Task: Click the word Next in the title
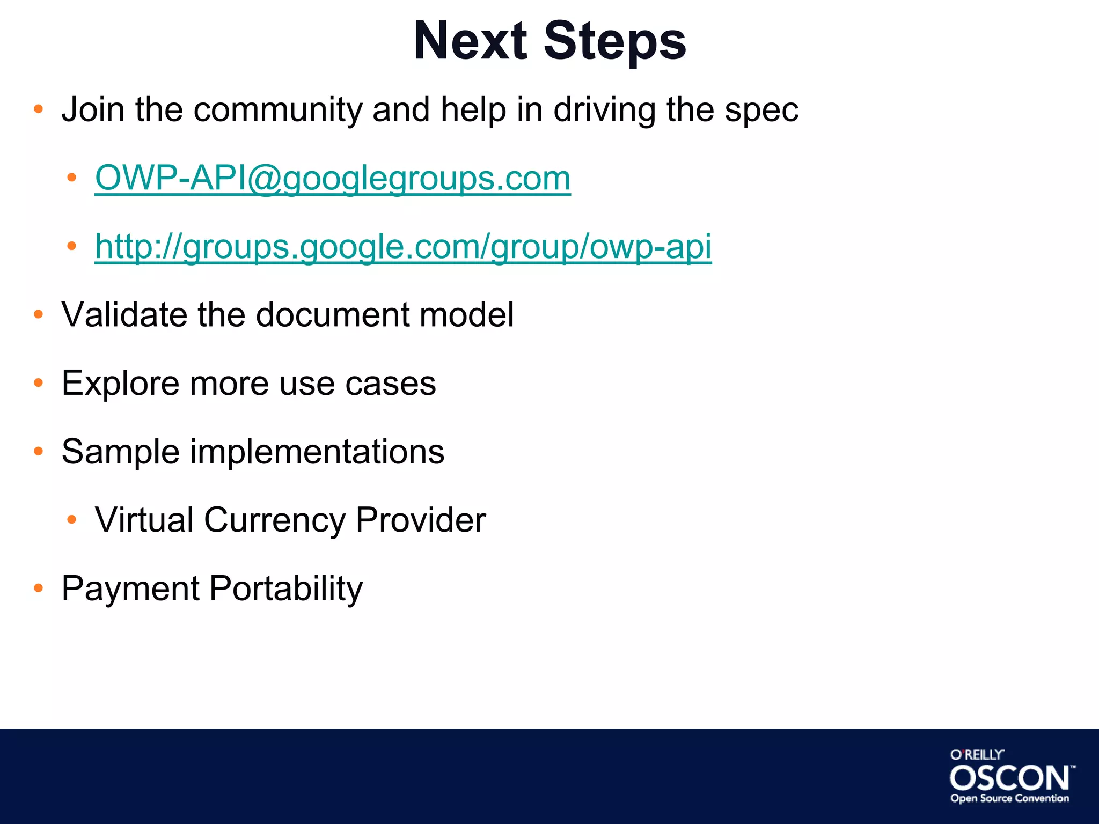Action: [470, 42]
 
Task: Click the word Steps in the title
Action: [614, 42]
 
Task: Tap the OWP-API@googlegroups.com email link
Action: [333, 178]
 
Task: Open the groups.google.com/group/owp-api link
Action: [403, 247]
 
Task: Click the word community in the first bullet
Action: [278, 110]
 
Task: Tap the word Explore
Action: [120, 384]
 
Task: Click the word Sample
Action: [120, 452]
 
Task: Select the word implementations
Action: [317, 452]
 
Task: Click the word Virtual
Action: [144, 520]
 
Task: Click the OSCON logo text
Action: [1009, 778]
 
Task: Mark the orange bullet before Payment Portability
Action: [38, 588]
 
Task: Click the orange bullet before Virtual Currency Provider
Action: [71, 520]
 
